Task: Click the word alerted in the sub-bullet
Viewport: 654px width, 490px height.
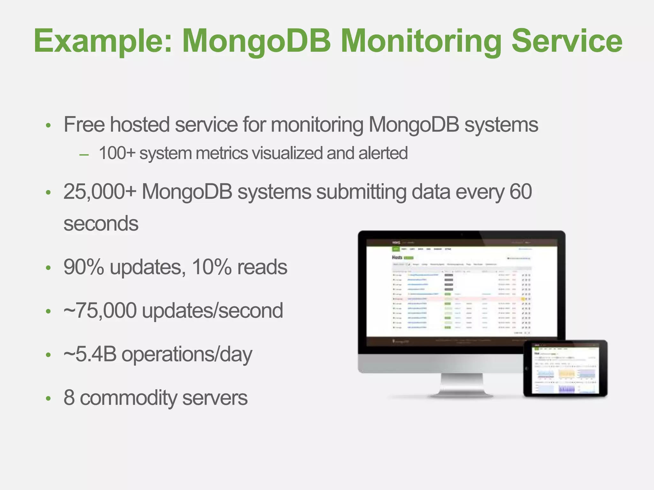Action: click(x=383, y=153)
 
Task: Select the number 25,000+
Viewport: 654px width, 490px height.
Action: click(x=100, y=192)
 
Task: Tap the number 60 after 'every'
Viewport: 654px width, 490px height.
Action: click(x=521, y=192)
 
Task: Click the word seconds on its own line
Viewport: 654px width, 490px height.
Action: click(x=101, y=224)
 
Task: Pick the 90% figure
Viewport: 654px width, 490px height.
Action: click(x=84, y=267)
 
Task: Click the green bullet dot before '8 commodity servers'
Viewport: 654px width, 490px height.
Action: click(x=48, y=398)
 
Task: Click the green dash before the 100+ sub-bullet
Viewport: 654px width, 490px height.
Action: click(x=84, y=155)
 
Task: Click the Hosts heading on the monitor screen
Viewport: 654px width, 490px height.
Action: click(x=397, y=257)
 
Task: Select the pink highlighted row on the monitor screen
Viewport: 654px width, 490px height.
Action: click(x=460, y=299)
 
